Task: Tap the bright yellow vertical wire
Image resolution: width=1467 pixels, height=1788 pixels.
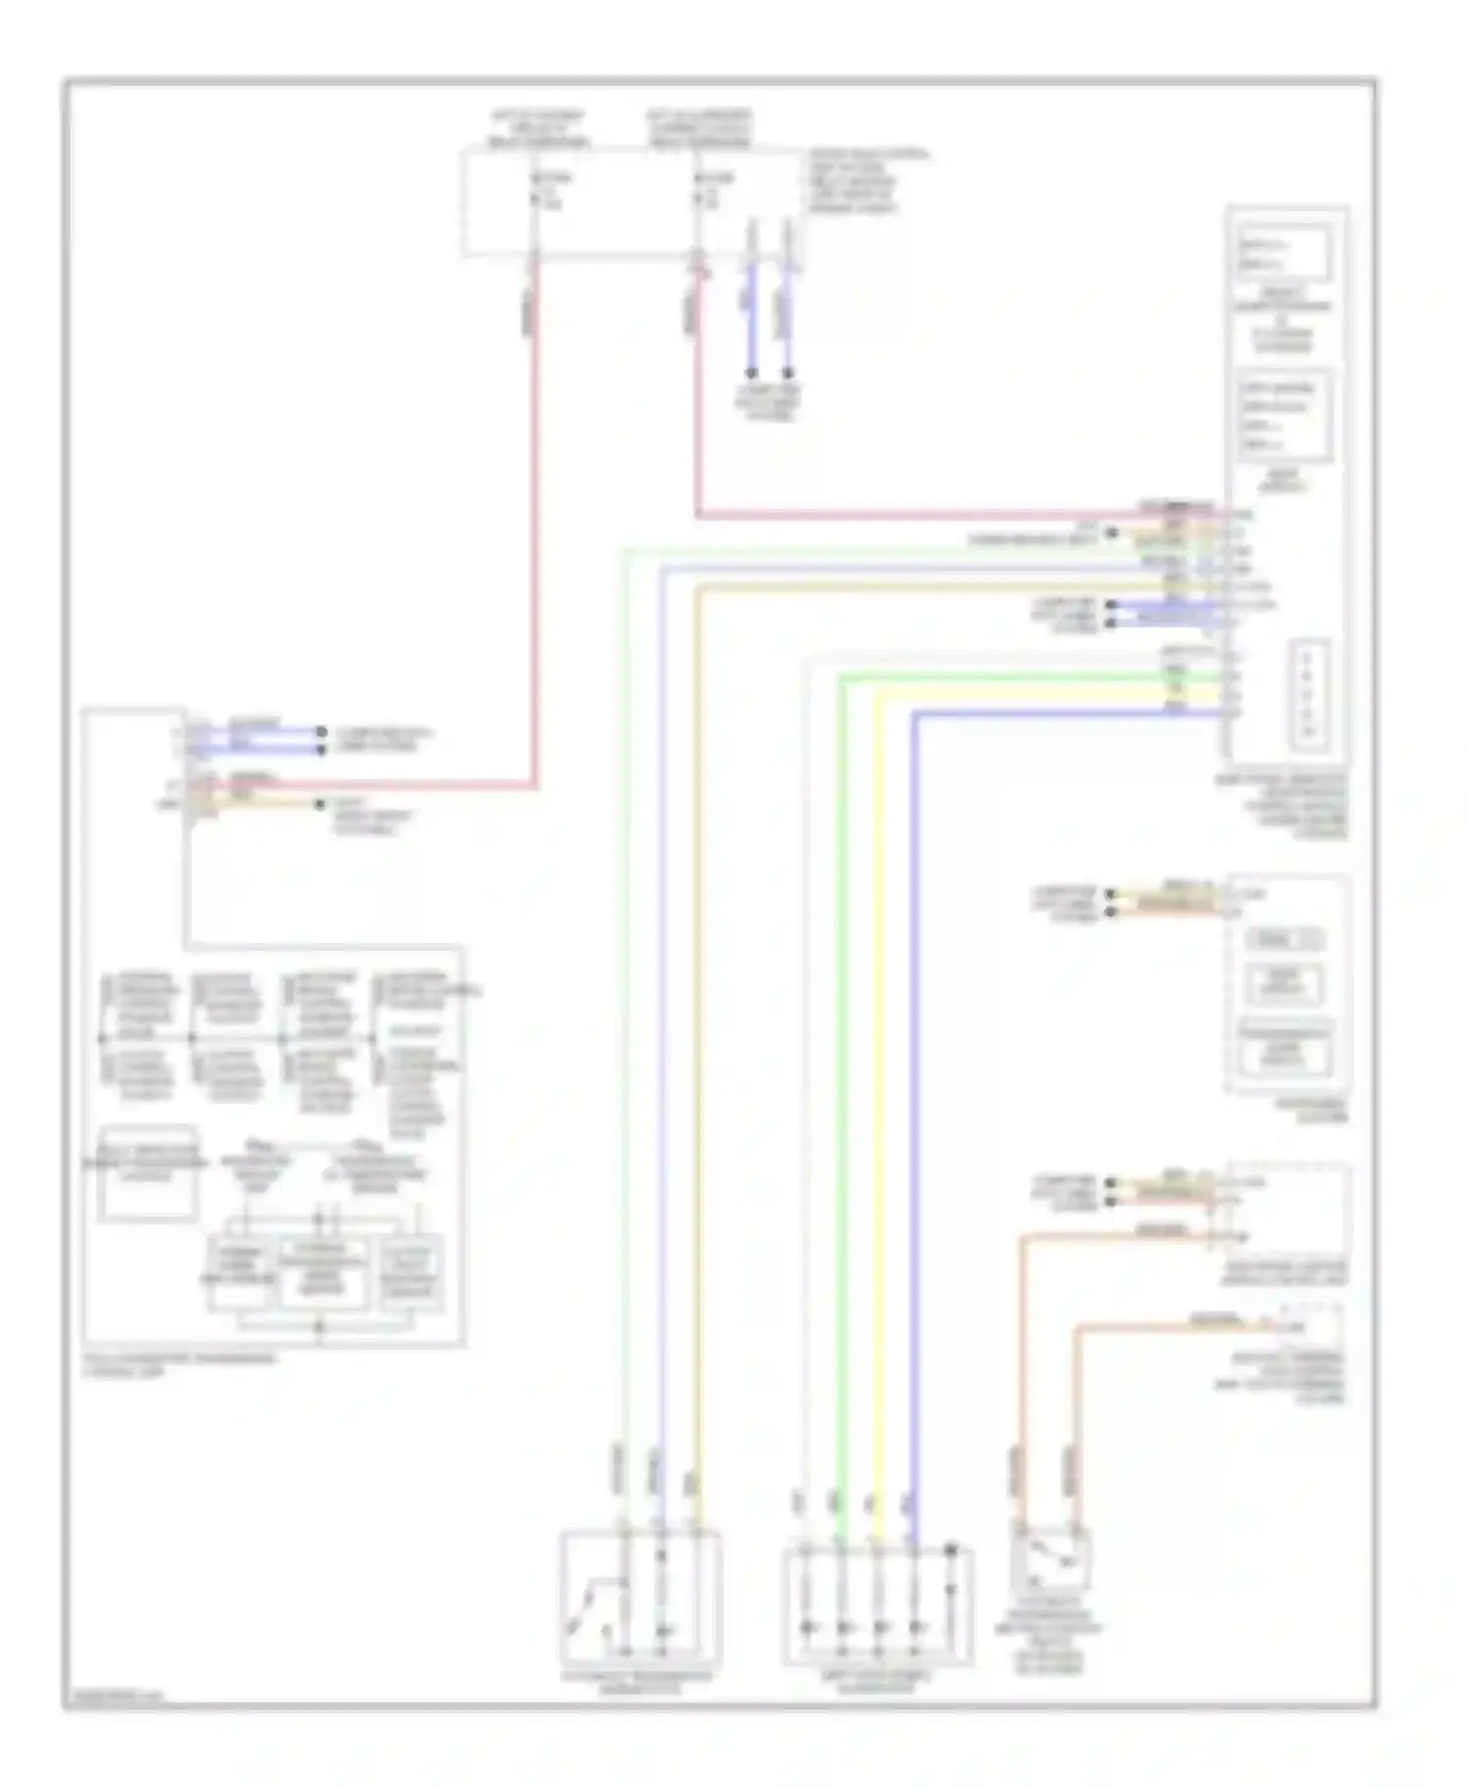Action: tap(878, 1076)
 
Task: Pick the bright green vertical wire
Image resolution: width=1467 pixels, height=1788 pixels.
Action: tap(839, 1076)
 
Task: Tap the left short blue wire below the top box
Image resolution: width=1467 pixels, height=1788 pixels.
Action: tap(751, 313)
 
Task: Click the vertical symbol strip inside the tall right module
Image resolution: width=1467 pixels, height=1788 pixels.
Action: tap(1309, 694)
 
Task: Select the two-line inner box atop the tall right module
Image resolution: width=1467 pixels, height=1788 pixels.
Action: tap(1284, 253)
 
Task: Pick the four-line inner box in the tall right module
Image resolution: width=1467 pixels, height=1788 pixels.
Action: tap(1284, 416)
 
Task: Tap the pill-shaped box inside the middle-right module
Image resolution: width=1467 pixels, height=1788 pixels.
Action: tap(1284, 940)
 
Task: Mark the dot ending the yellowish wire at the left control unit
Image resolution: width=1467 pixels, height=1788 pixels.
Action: tap(320, 804)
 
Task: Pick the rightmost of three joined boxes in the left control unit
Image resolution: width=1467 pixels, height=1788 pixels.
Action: tap(412, 1273)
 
